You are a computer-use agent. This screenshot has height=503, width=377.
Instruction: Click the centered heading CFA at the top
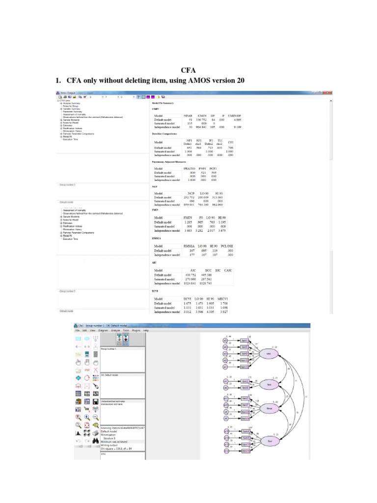pos(189,70)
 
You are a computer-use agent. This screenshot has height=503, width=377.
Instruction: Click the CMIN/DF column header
pos(237,115)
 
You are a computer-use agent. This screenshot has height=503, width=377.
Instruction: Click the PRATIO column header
pos(189,169)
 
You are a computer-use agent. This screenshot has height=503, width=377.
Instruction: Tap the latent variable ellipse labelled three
pos(269,408)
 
